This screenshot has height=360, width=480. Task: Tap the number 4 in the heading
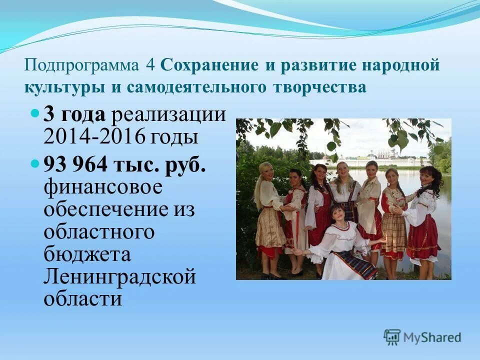point(149,65)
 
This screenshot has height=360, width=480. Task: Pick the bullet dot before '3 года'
point(34,114)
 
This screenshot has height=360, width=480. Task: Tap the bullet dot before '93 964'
point(34,163)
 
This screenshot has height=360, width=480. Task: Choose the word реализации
point(168,115)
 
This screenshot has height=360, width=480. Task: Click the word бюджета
point(87,254)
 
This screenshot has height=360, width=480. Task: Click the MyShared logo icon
point(392,337)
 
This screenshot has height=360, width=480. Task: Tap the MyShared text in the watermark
point(433,338)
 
